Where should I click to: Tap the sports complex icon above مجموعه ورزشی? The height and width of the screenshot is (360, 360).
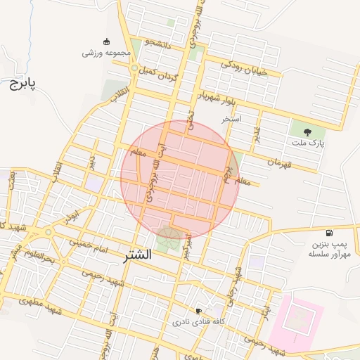(x=106, y=41)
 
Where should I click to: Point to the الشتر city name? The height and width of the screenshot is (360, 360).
(x=136, y=255)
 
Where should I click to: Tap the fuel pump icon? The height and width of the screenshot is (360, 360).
(x=329, y=233)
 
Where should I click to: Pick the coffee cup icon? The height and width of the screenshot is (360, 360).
(x=199, y=311)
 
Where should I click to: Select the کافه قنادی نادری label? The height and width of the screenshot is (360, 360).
(x=199, y=322)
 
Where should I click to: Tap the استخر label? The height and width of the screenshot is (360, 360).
(x=231, y=119)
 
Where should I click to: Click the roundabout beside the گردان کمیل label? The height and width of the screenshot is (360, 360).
(x=134, y=67)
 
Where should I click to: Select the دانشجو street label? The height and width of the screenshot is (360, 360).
(x=157, y=44)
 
